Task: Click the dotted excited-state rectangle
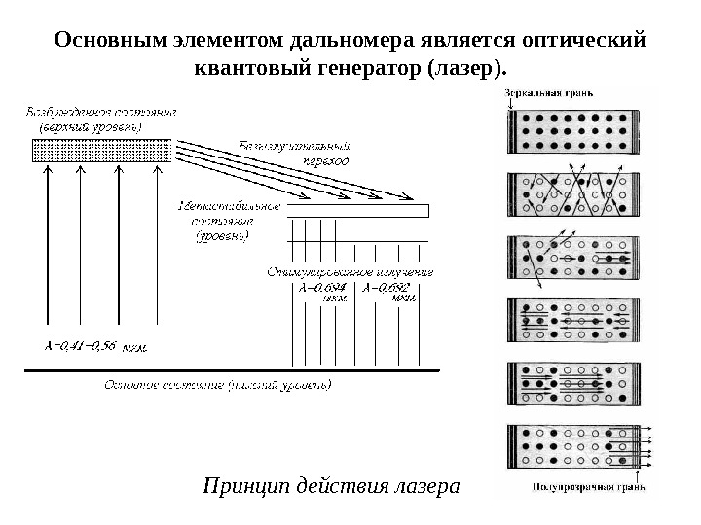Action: [x=102, y=150]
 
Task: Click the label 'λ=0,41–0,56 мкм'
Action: [x=95, y=344]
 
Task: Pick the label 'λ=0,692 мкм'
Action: [x=389, y=292]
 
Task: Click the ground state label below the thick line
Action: [x=217, y=385]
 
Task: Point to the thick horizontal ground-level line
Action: [x=234, y=369]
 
